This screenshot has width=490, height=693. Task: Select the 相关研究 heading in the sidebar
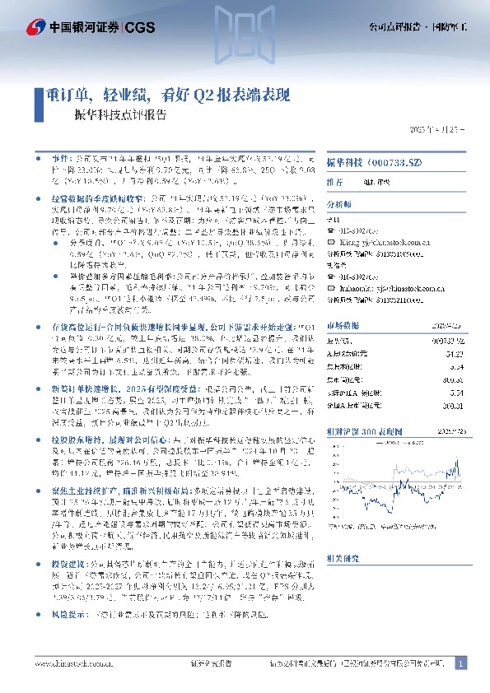pos(341,558)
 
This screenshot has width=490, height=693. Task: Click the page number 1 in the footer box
pos(460,663)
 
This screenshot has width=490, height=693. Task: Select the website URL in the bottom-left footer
pos(70,663)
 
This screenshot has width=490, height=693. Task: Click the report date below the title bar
pos(436,132)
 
